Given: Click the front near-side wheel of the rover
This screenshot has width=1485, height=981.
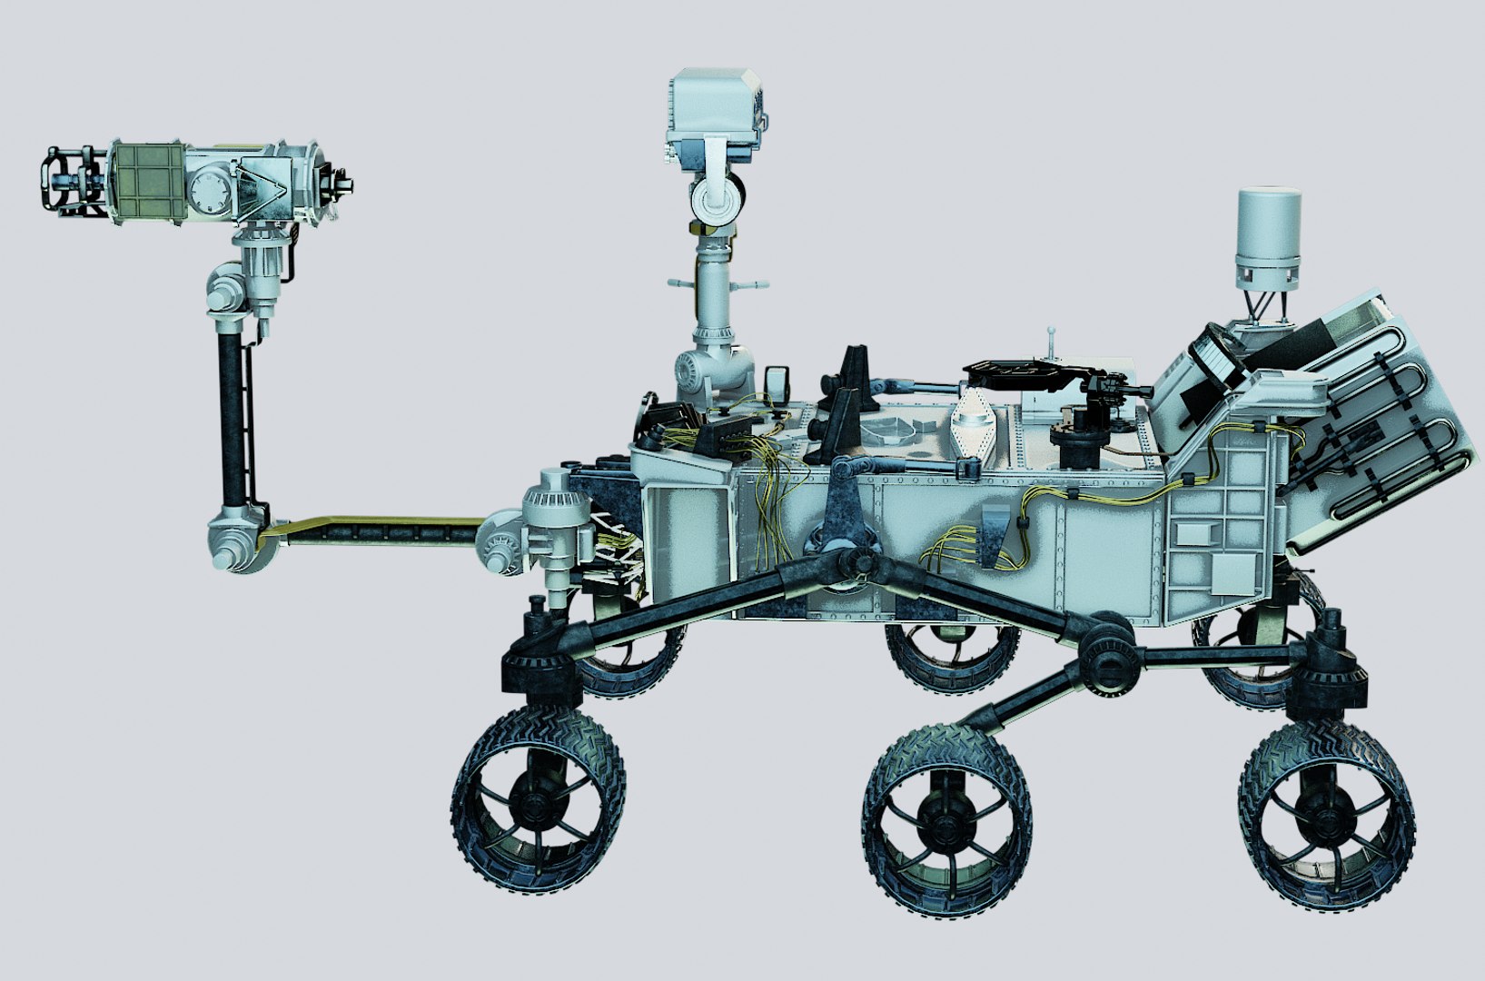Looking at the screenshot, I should pyautogui.click(x=538, y=800).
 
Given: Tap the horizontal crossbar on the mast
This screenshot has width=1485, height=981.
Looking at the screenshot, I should pyautogui.click(x=718, y=284).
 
